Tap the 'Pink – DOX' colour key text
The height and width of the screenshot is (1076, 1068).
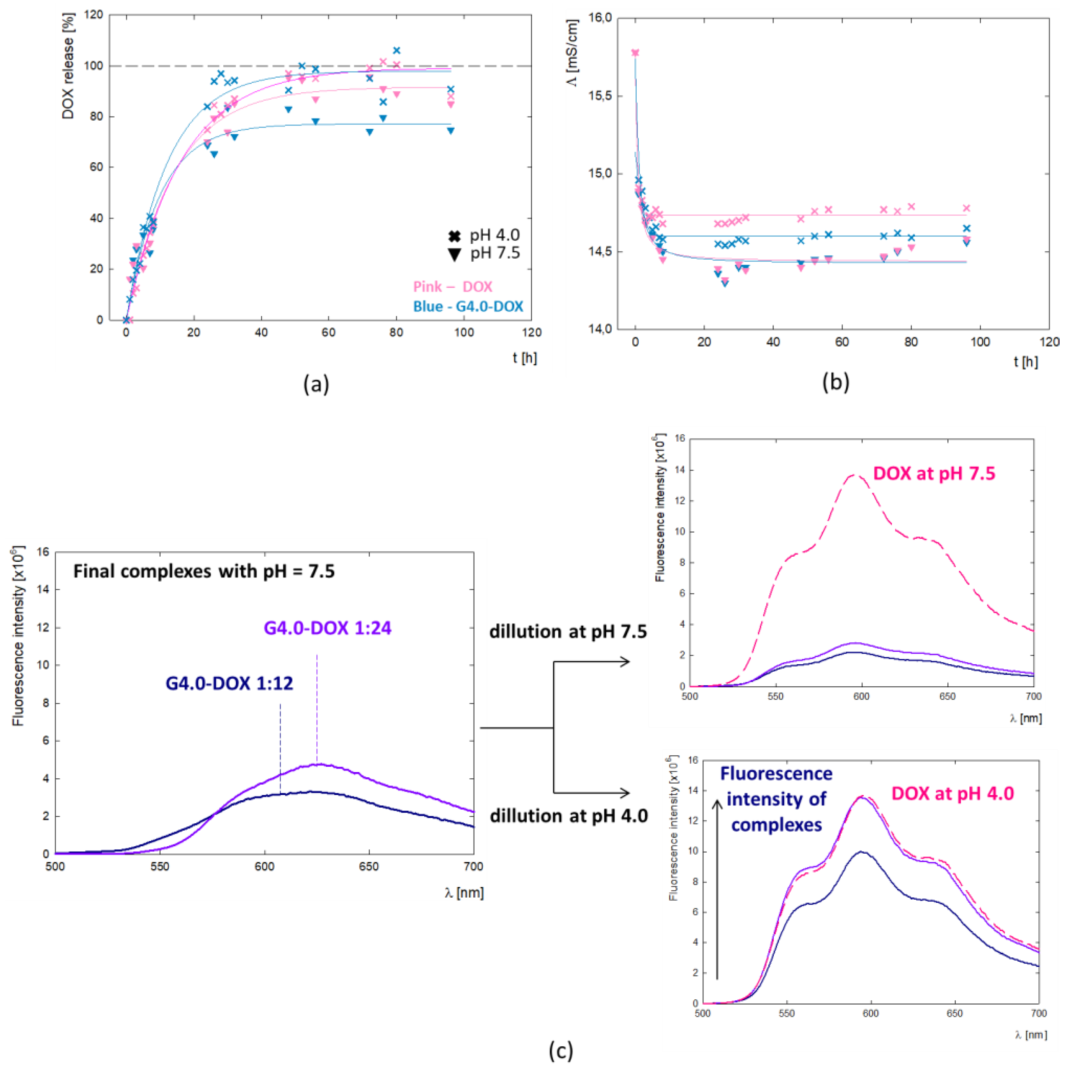(x=452, y=287)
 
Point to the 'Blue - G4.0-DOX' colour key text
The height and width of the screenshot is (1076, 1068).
(x=468, y=306)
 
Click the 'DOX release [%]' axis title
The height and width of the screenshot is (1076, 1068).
(x=68, y=78)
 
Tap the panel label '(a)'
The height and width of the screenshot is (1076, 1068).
(x=316, y=384)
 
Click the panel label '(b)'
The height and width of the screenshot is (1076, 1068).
(x=835, y=382)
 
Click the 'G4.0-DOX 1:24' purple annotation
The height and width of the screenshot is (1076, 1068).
(x=328, y=628)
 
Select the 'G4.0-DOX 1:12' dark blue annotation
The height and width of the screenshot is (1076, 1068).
(x=229, y=684)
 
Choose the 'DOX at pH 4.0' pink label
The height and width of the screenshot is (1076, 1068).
(x=952, y=794)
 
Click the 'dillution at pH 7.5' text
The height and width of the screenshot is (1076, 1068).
(x=568, y=632)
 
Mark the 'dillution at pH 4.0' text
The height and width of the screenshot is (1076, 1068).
(x=569, y=816)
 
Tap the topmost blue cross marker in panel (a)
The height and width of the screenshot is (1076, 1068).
(x=397, y=51)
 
